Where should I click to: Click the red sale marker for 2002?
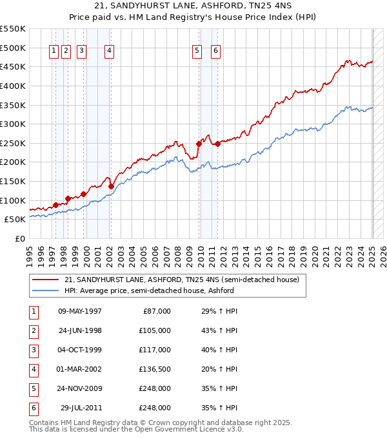111,186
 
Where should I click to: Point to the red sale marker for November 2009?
199,144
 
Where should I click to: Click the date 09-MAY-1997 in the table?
80,311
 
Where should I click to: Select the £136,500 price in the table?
154,369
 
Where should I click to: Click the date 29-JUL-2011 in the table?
81,408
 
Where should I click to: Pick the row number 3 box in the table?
33,350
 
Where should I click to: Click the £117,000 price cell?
154,350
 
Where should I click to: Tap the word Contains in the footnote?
45,423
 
